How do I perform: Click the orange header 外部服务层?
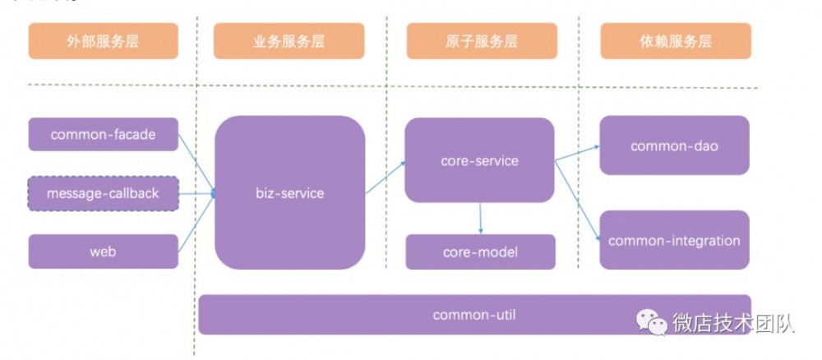point(104,41)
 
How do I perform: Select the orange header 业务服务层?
point(289,41)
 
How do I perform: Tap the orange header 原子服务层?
point(482,41)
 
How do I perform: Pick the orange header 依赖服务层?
point(676,41)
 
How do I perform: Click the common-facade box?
point(104,134)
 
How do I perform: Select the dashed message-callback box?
point(104,193)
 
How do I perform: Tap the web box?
point(104,252)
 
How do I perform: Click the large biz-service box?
point(290,193)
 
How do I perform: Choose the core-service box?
point(480,159)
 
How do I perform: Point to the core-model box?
point(480,252)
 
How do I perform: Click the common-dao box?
point(675,145)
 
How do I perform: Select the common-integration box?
point(675,240)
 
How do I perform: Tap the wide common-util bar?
point(474,315)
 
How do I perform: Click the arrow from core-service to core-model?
point(480,218)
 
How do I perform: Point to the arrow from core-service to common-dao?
point(577,153)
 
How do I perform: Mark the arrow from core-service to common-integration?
point(577,201)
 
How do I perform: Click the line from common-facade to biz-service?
point(196,164)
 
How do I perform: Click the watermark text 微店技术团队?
point(733,321)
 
